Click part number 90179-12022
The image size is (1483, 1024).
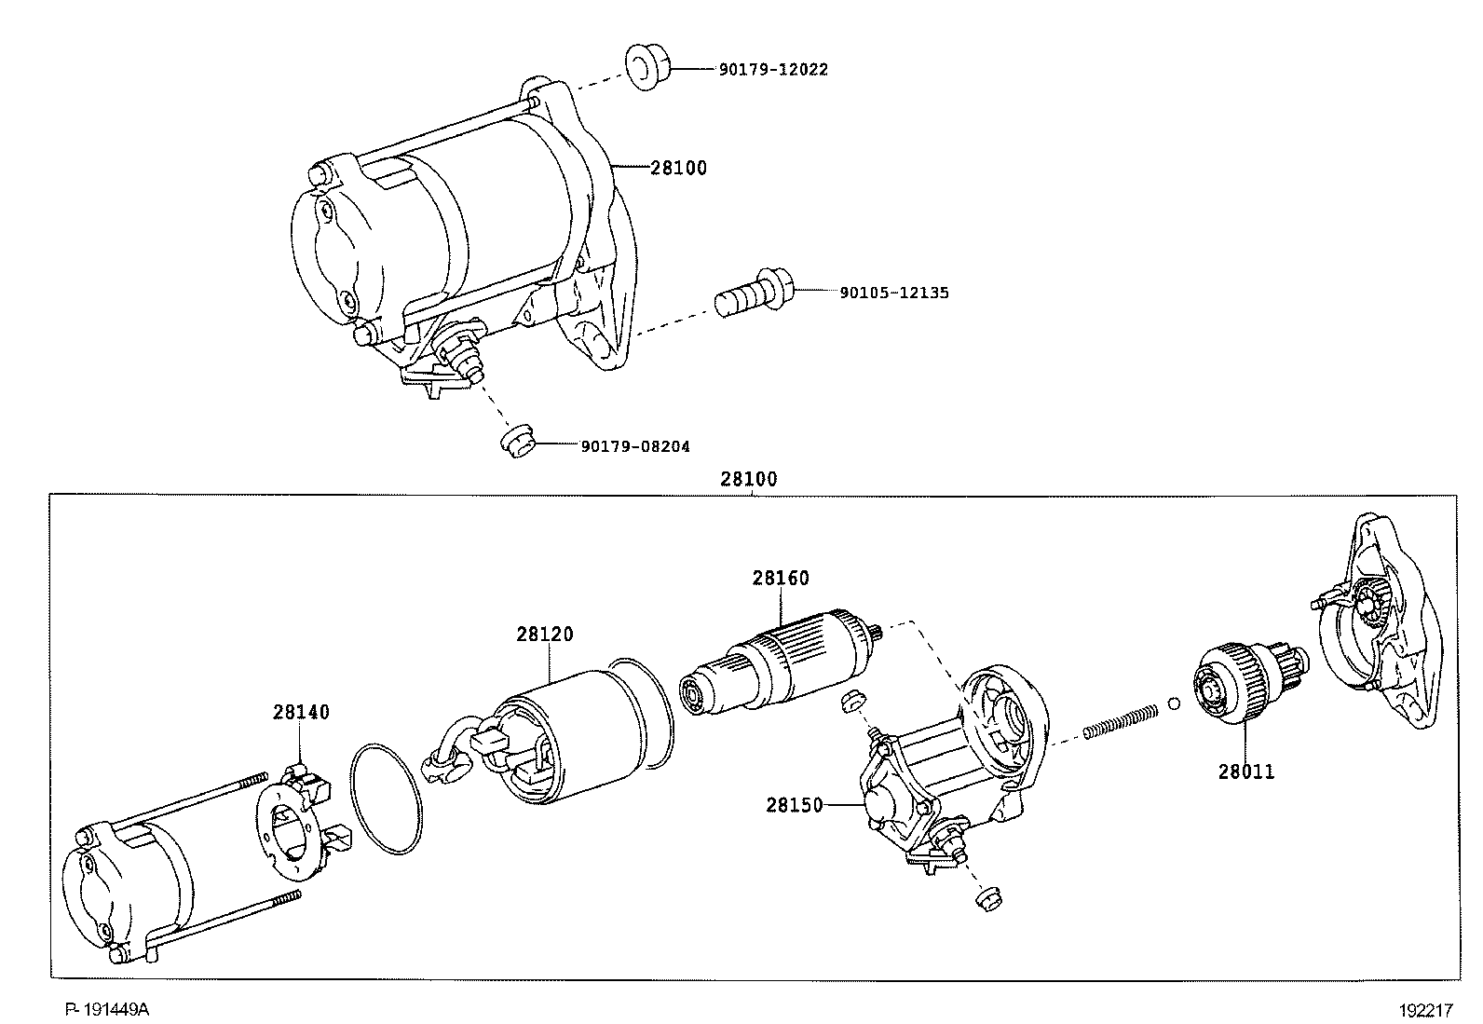(772, 70)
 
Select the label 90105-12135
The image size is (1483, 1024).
(893, 293)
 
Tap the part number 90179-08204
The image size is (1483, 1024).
(635, 447)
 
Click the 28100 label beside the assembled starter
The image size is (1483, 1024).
(678, 169)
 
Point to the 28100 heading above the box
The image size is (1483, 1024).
(748, 480)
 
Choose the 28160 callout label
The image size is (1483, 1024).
(781, 579)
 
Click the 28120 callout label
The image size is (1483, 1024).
(545, 635)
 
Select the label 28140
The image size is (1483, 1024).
(301, 713)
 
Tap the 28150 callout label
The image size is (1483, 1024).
(795, 805)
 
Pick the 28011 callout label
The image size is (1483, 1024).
(1246, 772)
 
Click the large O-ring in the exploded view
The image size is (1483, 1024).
(384, 798)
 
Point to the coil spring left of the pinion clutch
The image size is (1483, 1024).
(1121, 722)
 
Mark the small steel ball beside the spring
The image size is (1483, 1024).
(1174, 703)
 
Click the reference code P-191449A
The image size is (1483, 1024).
(106, 1010)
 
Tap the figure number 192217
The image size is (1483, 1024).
(1423, 1010)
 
